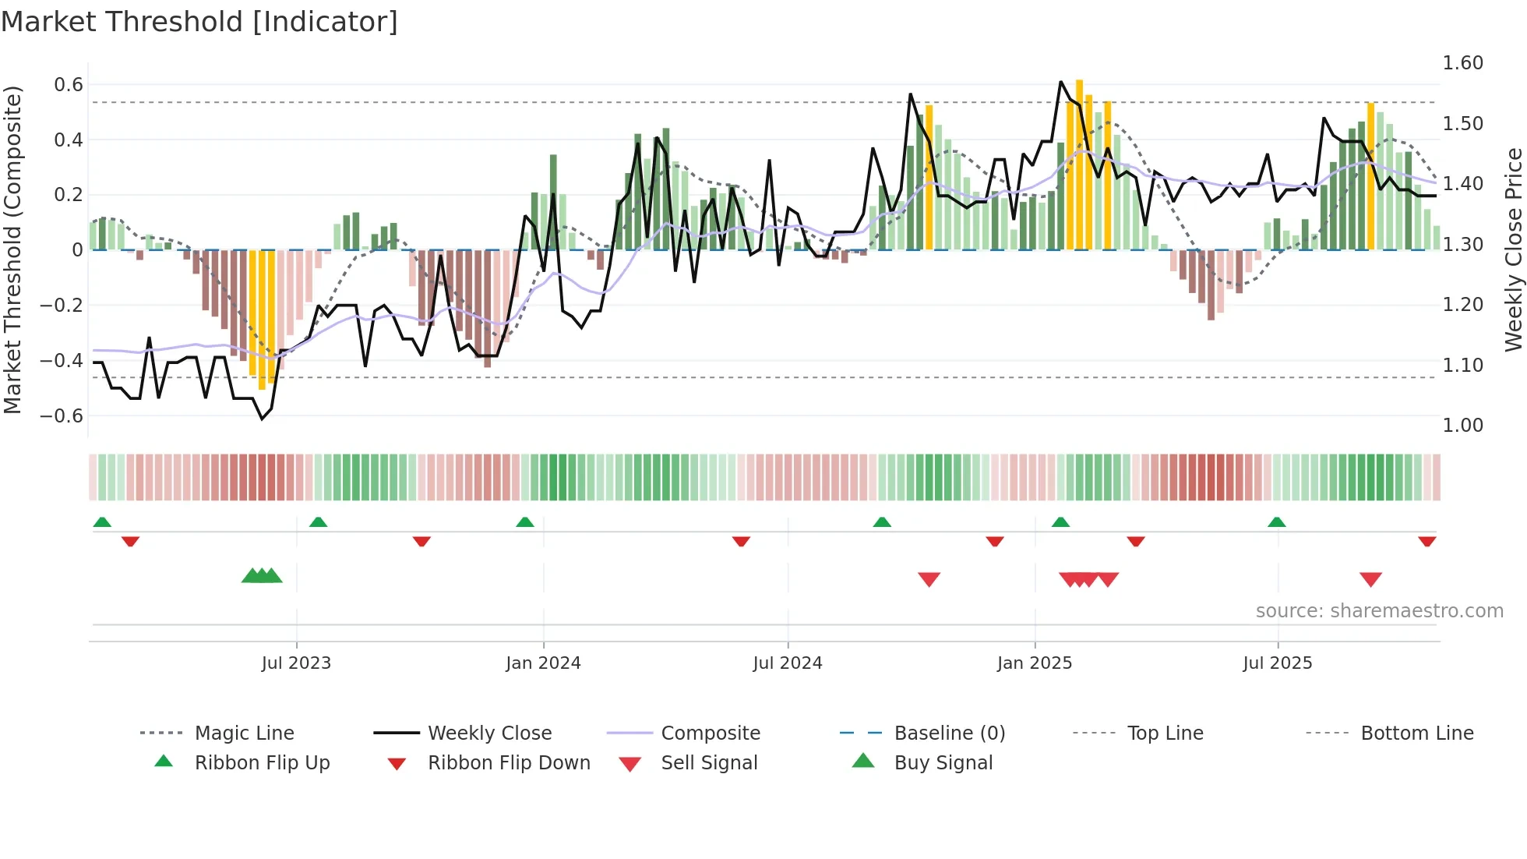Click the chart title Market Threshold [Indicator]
coord(199,22)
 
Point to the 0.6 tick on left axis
coord(69,85)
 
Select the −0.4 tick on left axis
coord(62,360)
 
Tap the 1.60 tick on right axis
coord(1462,63)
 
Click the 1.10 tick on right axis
coord(1462,365)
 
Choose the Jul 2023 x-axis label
coord(296,663)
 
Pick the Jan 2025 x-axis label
coord(1034,663)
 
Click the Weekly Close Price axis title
coord(1513,249)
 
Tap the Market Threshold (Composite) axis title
coord(12,249)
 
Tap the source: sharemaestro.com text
coord(1379,611)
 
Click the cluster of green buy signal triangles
coord(262,577)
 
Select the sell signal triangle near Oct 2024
coord(929,579)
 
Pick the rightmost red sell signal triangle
coord(1370,579)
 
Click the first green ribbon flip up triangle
coord(102,522)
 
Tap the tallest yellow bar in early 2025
coord(1079,164)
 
